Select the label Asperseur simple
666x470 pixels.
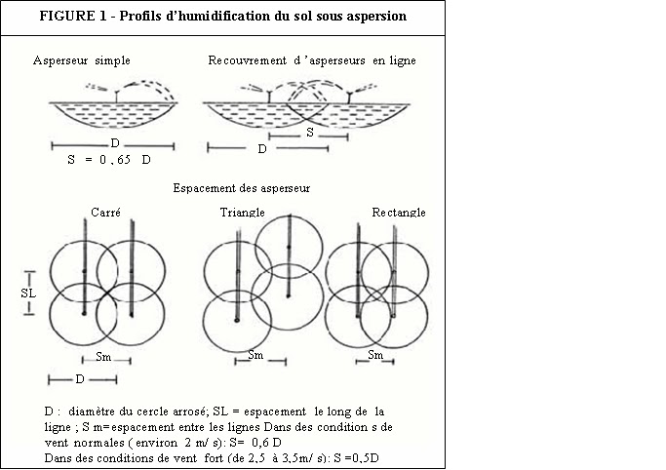pos(75,60)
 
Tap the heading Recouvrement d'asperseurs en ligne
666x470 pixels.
pos(312,60)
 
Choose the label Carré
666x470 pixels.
pos(105,212)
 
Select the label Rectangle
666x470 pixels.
pos(399,212)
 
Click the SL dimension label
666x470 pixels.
pos(28,292)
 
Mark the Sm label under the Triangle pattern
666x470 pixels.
pos(255,355)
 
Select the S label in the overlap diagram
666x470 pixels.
pos(309,130)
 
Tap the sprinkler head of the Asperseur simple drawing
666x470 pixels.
pos(117,94)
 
